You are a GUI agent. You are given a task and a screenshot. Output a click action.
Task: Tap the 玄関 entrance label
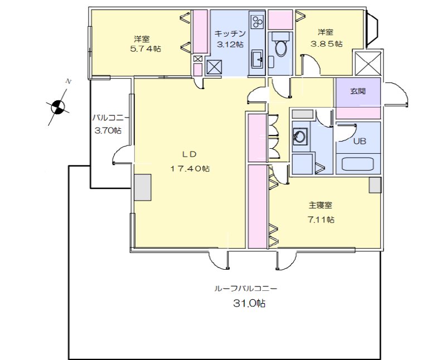(357, 91)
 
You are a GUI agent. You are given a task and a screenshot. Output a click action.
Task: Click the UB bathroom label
(360, 141)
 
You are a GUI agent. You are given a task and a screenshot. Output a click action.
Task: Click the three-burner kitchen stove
(258, 22)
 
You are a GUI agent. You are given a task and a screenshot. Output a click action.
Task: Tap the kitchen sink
(258, 58)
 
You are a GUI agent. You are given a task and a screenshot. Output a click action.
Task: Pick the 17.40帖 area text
(190, 168)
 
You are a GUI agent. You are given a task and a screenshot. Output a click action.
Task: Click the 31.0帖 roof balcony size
(249, 304)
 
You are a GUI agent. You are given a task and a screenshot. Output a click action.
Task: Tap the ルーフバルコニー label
(246, 289)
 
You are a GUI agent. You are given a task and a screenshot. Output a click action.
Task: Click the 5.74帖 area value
(142, 49)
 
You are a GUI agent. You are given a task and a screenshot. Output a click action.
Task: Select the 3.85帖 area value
(327, 43)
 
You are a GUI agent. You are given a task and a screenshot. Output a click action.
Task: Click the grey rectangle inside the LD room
(143, 187)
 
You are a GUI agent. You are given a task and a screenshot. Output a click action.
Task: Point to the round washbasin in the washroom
(300, 137)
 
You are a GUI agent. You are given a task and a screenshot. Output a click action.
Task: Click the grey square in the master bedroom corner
(375, 185)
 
